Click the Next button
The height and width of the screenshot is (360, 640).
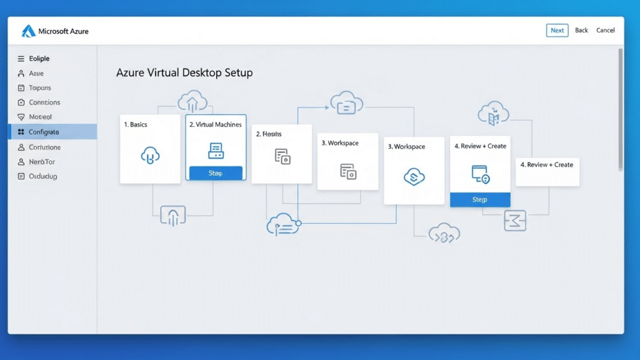click(x=557, y=30)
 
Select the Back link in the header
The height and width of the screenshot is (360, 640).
click(x=581, y=30)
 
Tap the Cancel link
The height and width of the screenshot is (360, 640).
click(x=605, y=30)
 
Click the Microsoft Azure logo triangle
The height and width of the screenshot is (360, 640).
click(x=29, y=31)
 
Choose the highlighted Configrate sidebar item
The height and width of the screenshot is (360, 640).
click(x=44, y=132)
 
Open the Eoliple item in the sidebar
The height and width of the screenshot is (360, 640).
click(x=39, y=59)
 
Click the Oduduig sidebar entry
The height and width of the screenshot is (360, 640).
click(x=42, y=177)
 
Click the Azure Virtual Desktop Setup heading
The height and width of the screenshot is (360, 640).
click(x=184, y=73)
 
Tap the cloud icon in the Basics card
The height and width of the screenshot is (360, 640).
click(x=150, y=155)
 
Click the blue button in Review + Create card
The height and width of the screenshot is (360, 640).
click(x=479, y=199)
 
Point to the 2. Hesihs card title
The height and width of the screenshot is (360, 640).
click(x=269, y=134)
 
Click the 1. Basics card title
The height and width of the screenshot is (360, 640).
click(x=136, y=125)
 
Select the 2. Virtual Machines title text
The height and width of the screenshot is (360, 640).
click(x=215, y=125)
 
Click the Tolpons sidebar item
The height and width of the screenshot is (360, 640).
click(x=40, y=88)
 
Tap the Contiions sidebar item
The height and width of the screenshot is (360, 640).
click(x=44, y=102)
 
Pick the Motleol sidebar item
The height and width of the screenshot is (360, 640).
click(x=40, y=117)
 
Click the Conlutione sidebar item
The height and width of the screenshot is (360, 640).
click(x=44, y=147)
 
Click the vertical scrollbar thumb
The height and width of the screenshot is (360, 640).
click(x=620, y=109)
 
